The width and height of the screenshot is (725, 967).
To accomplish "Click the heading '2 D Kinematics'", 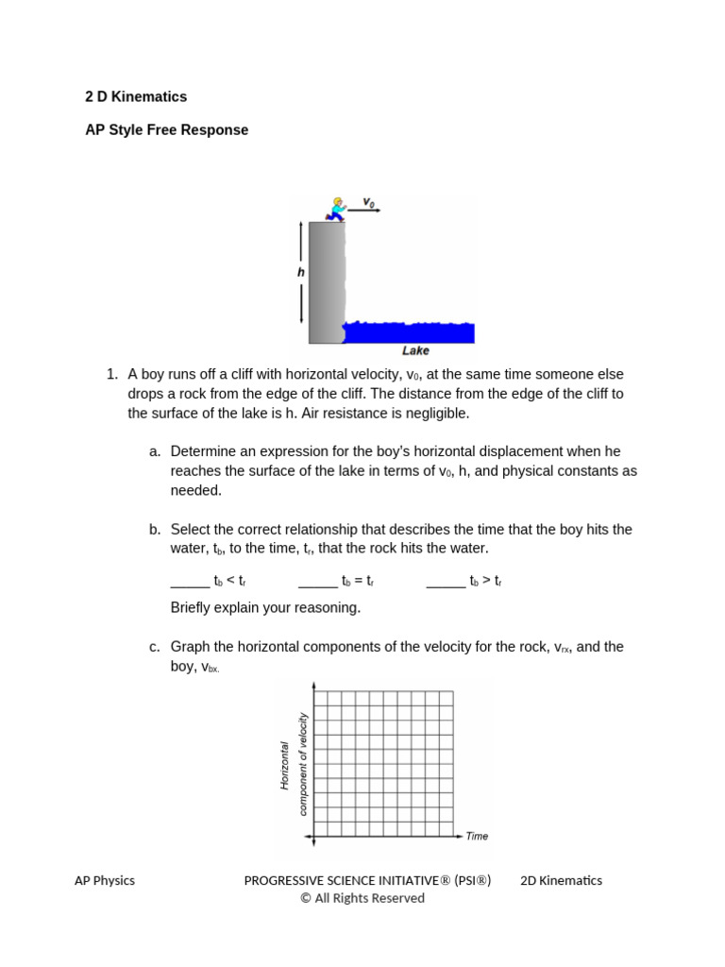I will point(136,96).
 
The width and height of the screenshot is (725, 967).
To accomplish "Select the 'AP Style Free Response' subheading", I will point(167,130).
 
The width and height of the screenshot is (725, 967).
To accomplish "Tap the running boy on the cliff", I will point(336,209).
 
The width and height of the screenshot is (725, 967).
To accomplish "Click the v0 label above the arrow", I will point(369,202).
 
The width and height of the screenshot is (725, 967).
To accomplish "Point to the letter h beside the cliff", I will point(301,272).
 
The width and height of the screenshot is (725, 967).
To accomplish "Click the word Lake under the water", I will point(415,350).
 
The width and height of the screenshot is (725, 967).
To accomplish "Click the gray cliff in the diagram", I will point(326,283).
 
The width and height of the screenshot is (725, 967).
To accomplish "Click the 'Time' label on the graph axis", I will point(477,836).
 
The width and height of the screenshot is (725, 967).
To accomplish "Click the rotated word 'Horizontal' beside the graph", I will point(284,765).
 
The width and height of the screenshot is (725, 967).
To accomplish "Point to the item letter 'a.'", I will point(155,451).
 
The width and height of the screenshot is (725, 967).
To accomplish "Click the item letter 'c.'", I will point(155,647).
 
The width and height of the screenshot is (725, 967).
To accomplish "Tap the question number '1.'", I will point(112,374).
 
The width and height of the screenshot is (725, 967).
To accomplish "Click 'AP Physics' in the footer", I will point(105,880).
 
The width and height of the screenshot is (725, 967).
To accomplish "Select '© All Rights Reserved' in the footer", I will point(362,898).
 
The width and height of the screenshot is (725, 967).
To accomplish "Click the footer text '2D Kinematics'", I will point(561,880).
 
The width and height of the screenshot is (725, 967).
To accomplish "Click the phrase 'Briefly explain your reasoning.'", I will point(265,607).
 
